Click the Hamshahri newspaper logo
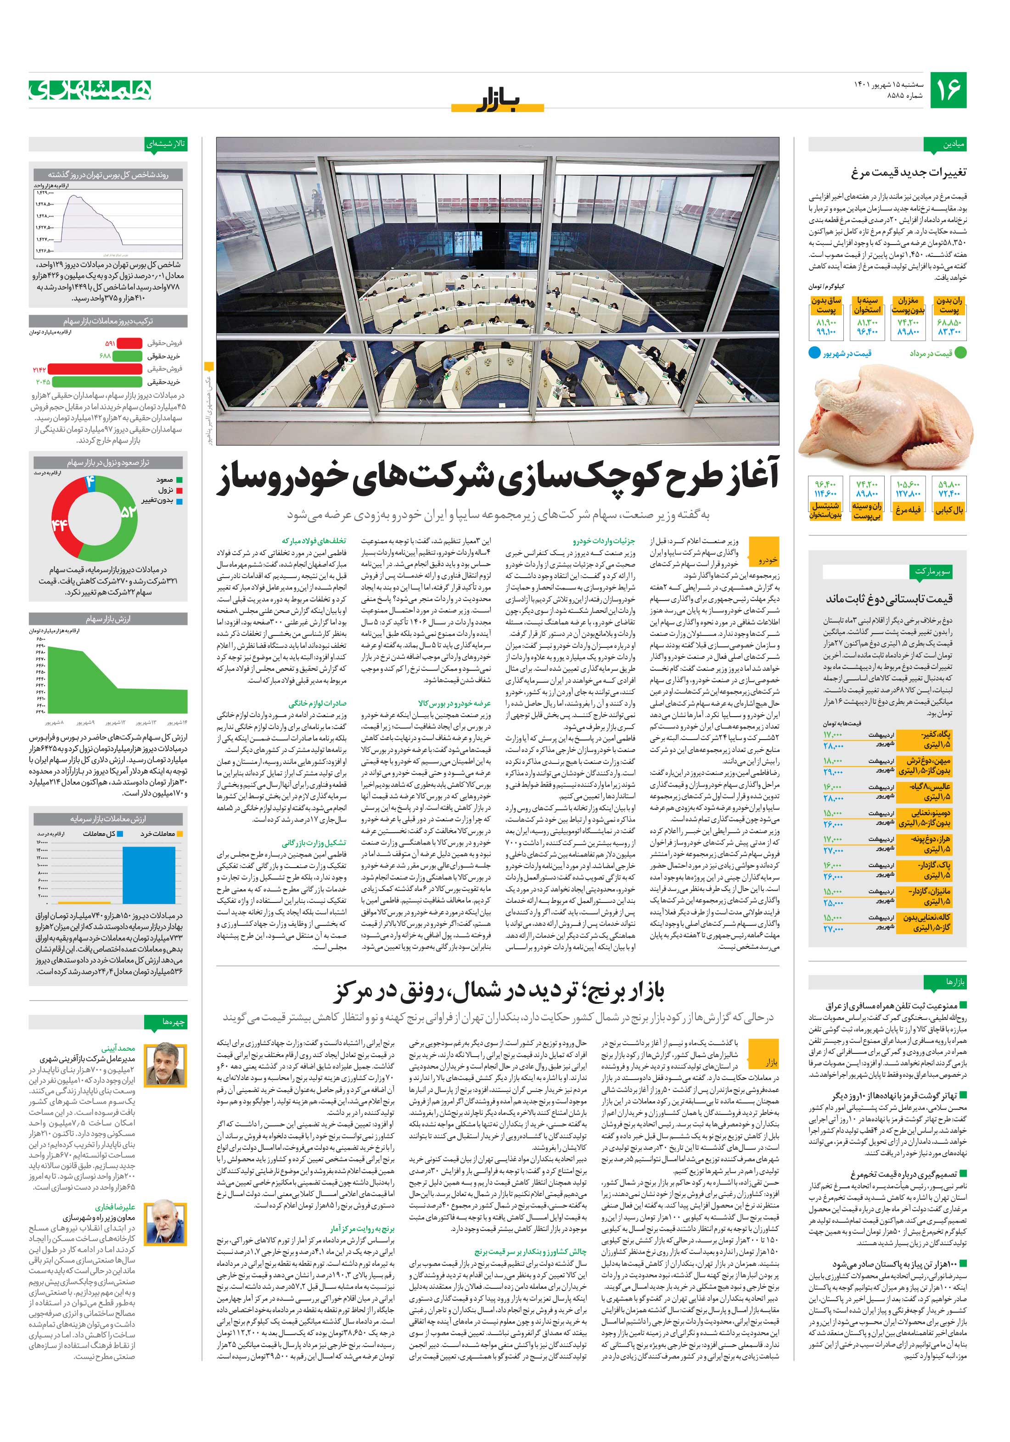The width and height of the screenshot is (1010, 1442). [90, 90]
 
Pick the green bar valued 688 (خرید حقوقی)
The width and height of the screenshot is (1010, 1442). [128, 356]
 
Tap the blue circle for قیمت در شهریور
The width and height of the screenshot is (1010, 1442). [814, 353]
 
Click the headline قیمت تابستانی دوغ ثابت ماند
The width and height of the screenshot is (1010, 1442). [889, 599]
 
